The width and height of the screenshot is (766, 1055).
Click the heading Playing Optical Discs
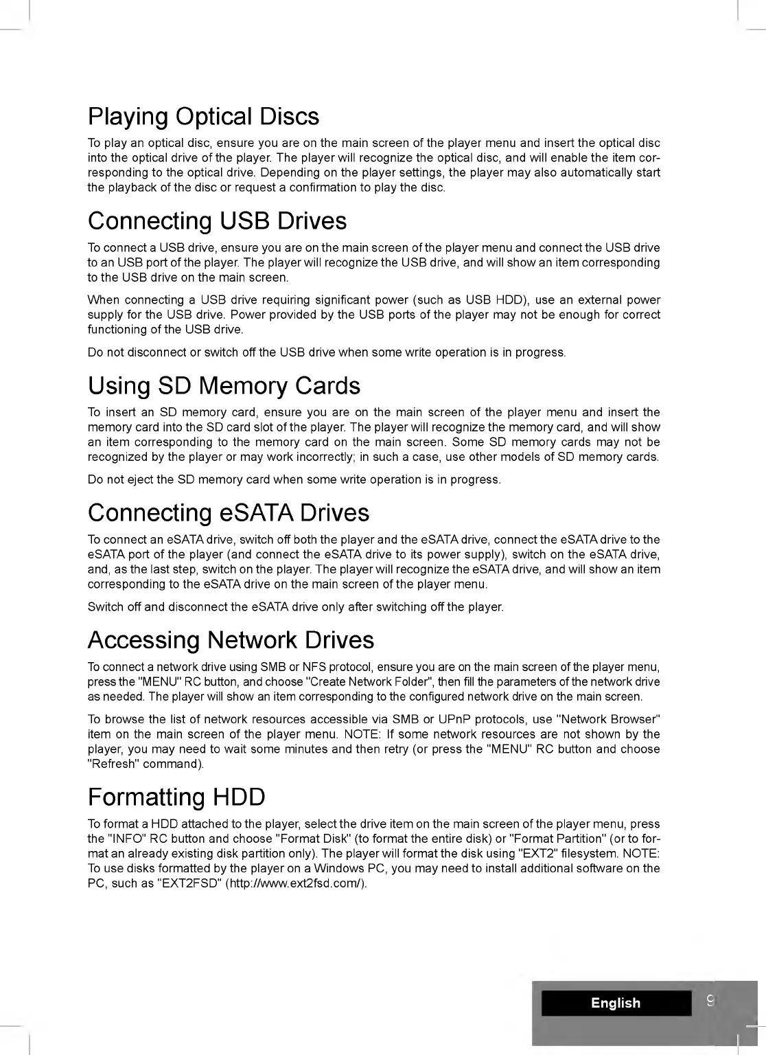click(x=203, y=117)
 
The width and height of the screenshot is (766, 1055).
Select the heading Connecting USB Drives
click(x=217, y=221)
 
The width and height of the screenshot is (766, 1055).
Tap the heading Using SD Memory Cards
click(x=224, y=386)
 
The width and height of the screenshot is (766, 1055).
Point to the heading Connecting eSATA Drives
click(x=229, y=513)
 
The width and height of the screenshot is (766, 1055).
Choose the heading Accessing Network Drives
click(x=231, y=640)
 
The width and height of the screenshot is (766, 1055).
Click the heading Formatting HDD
click(x=176, y=797)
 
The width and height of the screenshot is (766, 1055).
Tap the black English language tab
click(x=616, y=1003)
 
